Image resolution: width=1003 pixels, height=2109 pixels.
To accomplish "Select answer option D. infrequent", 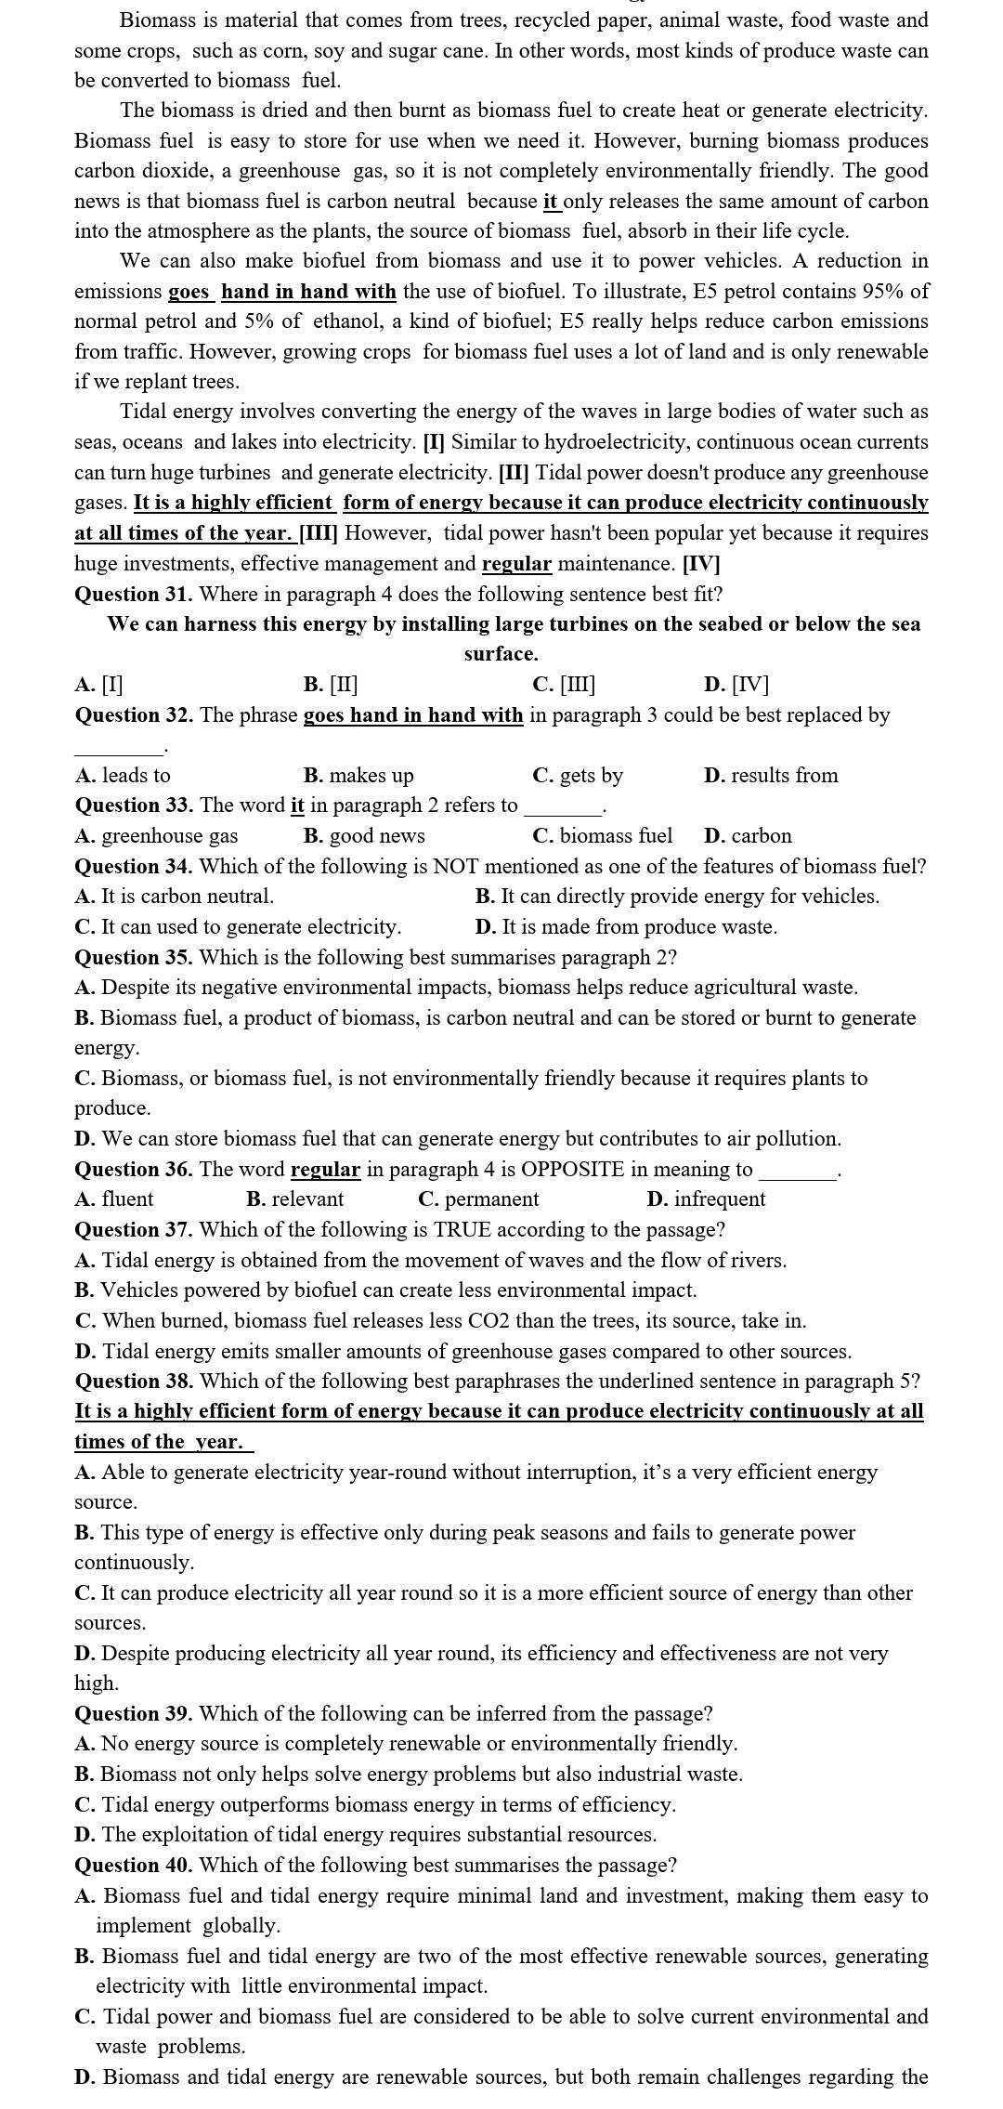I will coord(706,1199).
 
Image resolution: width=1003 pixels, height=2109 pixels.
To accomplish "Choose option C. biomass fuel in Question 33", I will coord(602,835).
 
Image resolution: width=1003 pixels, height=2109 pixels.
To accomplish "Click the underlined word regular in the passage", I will coord(516,563).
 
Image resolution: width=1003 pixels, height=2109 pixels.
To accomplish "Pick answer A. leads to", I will coord(123,775).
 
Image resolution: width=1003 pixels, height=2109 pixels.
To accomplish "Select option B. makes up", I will coord(358,775).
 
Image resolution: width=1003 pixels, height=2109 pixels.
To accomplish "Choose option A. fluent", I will coord(114,1199).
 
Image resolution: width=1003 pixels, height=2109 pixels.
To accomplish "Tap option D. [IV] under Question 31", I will coord(736,685).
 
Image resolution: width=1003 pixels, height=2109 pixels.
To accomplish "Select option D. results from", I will coord(771,775).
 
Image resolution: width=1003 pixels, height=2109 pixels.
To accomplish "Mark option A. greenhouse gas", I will coord(156,835).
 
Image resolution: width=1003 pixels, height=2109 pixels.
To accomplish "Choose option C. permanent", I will coord(478,1199).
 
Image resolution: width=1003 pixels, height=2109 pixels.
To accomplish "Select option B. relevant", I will coord(295,1199).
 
